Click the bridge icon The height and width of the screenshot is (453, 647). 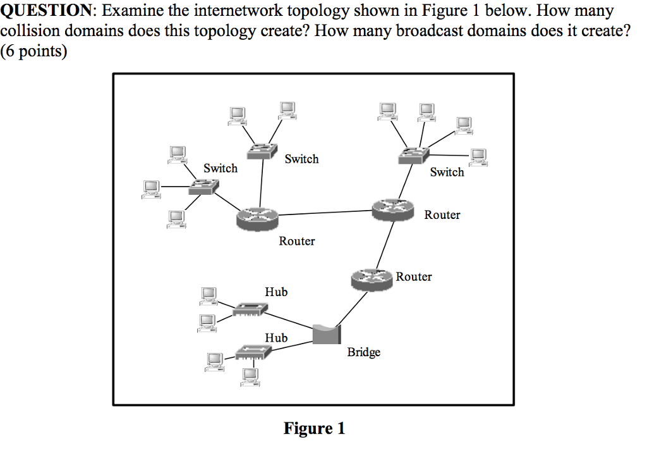point(326,333)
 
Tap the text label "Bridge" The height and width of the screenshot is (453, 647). point(363,352)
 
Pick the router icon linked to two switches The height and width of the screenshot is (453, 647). point(257,218)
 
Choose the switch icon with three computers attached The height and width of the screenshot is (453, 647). point(203,186)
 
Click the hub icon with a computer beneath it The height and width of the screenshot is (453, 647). point(253,352)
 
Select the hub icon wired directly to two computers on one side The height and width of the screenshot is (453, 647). point(250,309)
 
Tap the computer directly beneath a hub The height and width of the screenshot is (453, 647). point(251,376)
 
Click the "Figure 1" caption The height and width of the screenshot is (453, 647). point(314,428)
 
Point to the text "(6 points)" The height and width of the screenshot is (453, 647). point(33,51)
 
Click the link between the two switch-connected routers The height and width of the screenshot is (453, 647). point(325,213)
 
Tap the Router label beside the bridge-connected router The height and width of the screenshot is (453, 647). point(414,276)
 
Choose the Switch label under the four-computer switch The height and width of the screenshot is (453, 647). point(447,172)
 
